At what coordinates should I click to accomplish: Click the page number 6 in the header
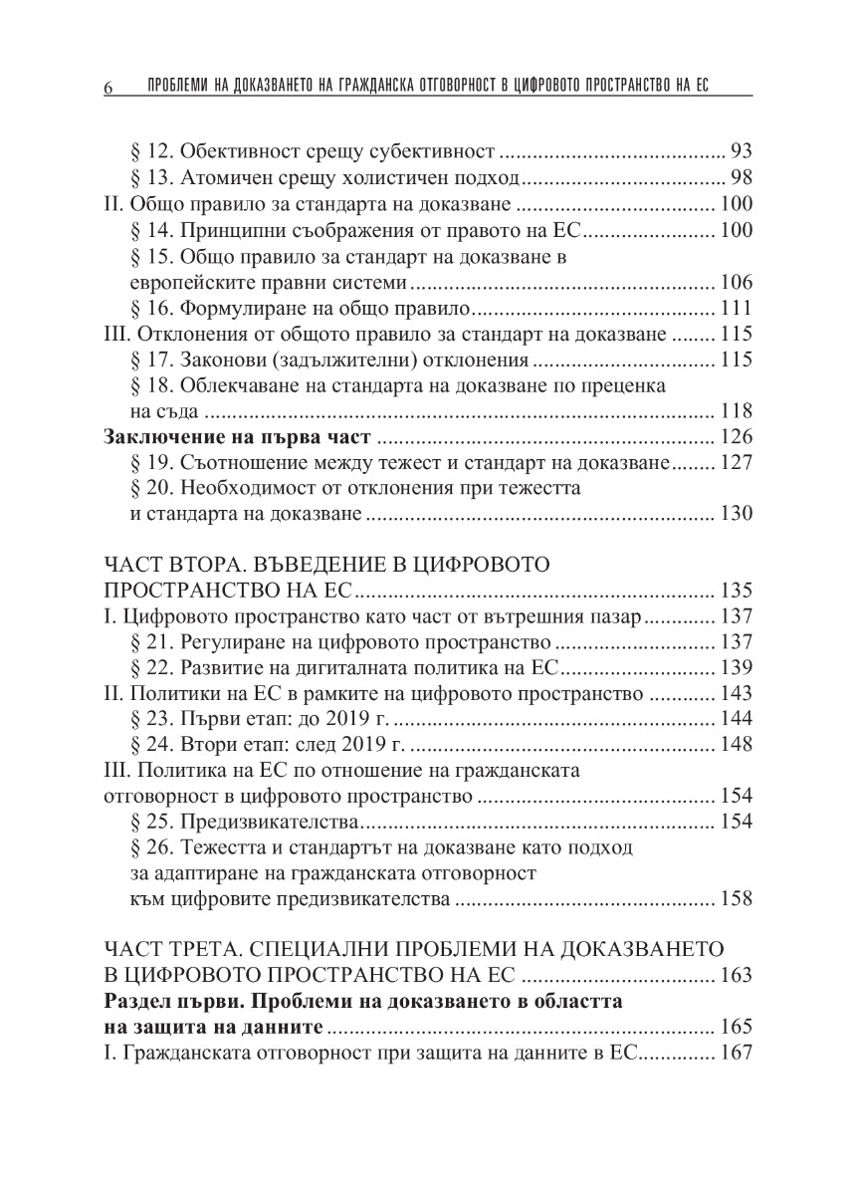pyautogui.click(x=107, y=88)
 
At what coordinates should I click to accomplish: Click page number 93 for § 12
pyautogui.click(x=741, y=152)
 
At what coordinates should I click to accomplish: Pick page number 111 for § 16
pyautogui.click(x=736, y=308)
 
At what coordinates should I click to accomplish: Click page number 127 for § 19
pyautogui.click(x=736, y=463)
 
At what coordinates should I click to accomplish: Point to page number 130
pyautogui.click(x=736, y=515)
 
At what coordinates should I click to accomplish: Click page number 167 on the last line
pyautogui.click(x=736, y=1053)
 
